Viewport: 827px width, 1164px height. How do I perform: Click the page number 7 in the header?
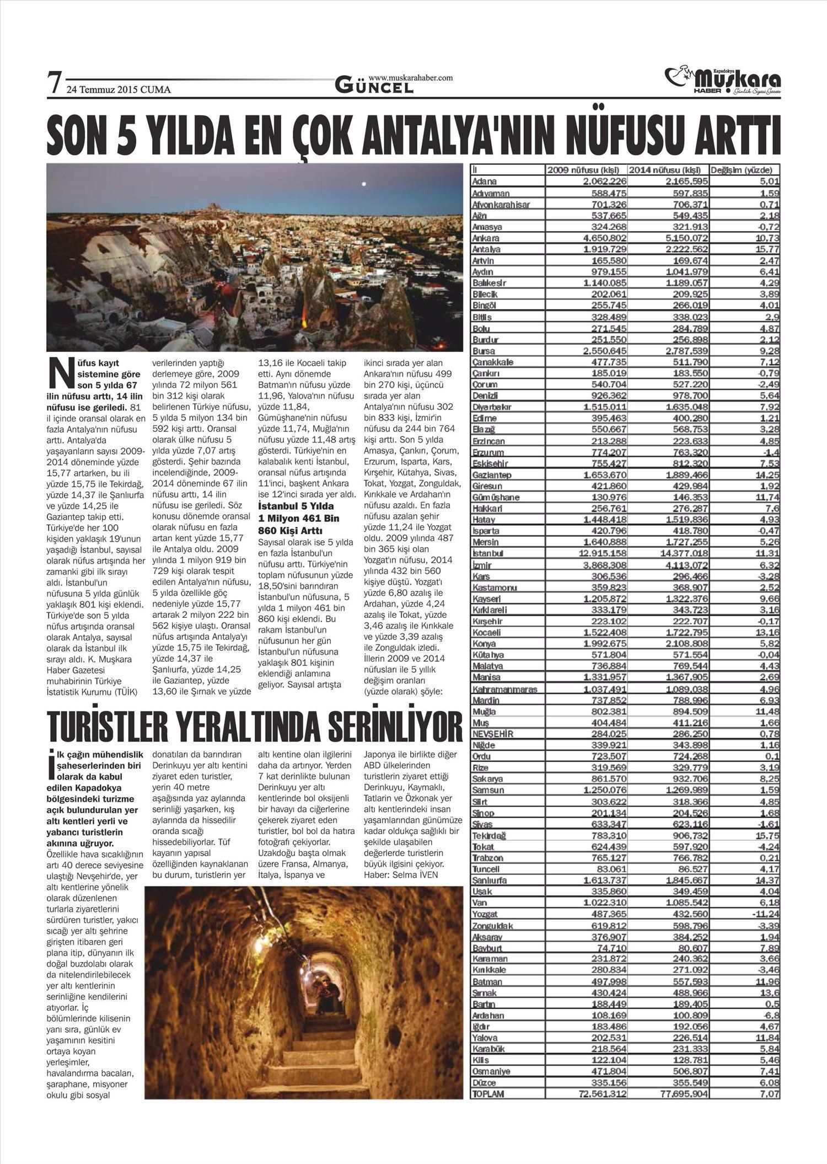point(53,84)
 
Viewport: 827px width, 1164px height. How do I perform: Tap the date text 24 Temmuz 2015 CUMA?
point(119,89)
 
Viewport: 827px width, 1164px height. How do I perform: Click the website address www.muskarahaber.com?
point(410,78)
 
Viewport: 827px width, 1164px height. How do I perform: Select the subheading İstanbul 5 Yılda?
point(296,506)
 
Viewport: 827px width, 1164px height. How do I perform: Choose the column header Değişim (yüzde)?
point(745,170)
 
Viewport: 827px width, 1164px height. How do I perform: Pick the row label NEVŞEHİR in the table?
point(493,734)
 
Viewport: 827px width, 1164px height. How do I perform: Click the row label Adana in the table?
point(485,181)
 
